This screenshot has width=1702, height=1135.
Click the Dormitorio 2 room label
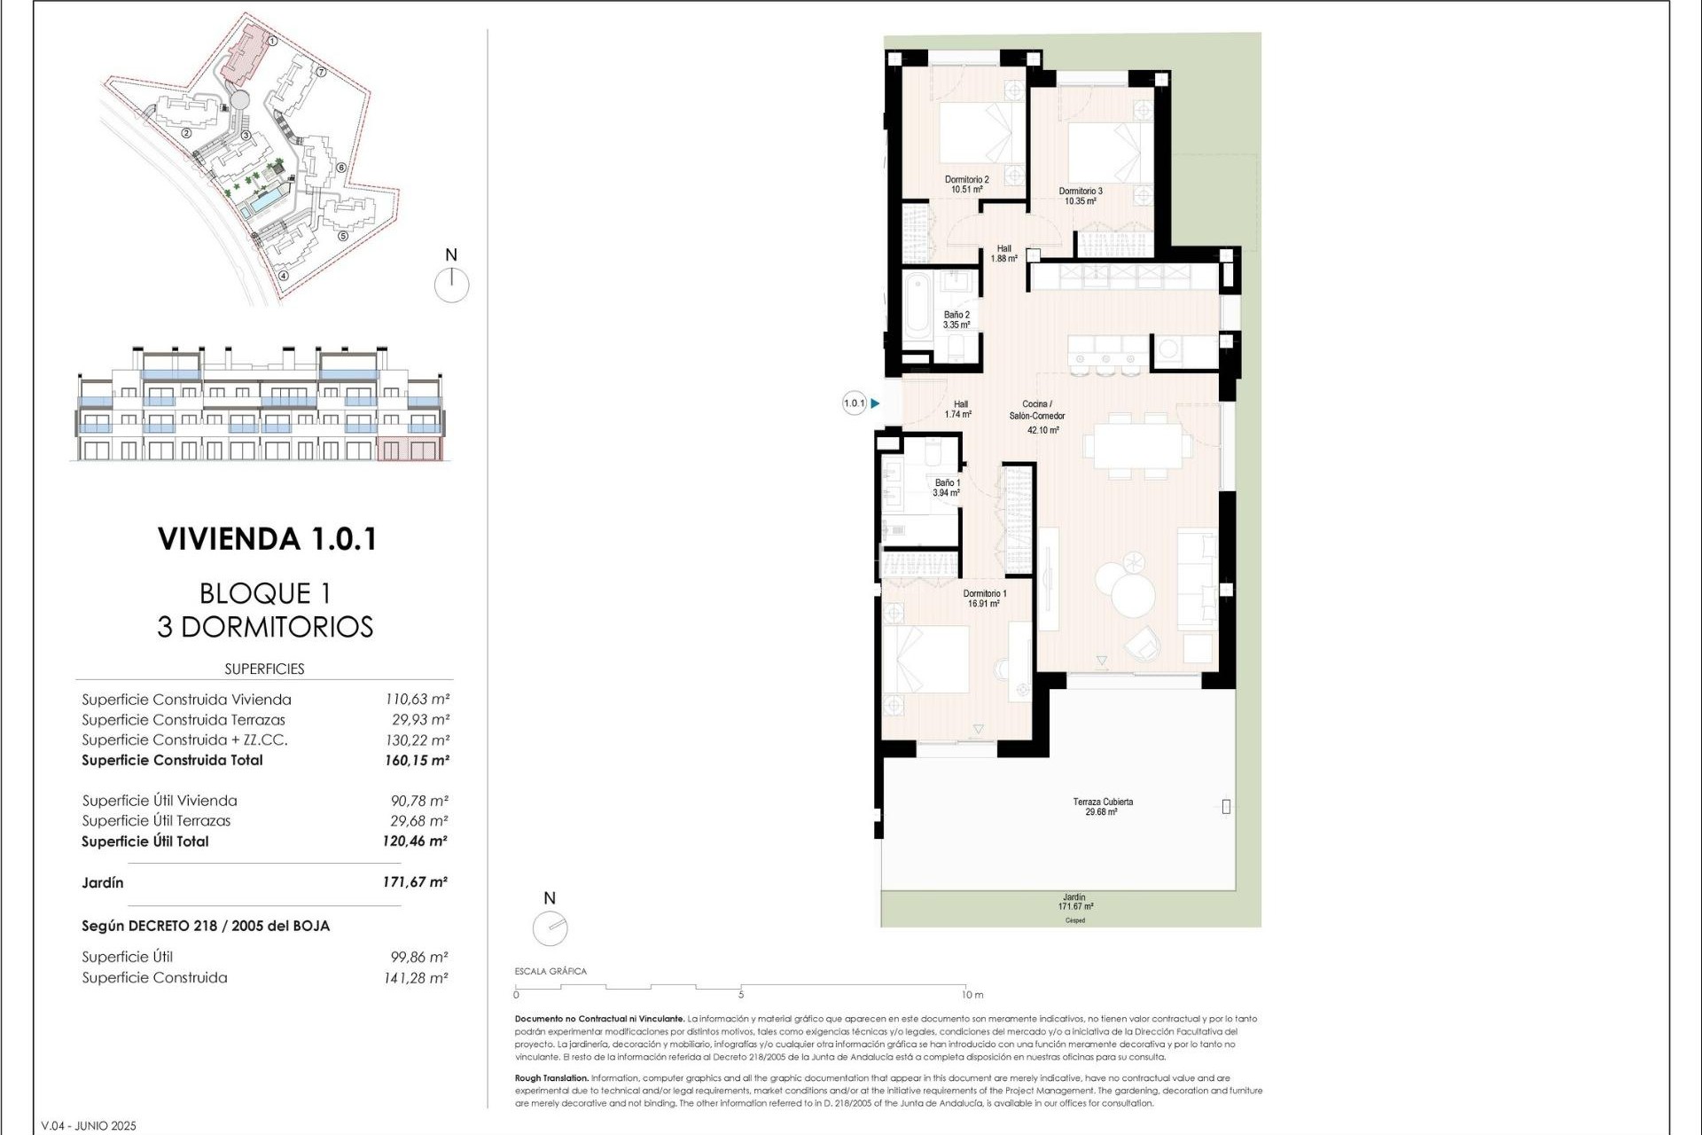(x=966, y=184)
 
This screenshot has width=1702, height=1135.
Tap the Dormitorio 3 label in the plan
(x=1081, y=196)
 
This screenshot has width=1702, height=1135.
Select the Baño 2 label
(x=956, y=320)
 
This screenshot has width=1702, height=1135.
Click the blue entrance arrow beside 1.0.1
(x=875, y=403)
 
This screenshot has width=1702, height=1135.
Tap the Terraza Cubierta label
(x=1102, y=806)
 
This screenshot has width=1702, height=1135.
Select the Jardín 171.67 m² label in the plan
(x=1074, y=902)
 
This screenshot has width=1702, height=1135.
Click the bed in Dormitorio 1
(x=925, y=660)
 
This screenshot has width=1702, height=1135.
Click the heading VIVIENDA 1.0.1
(x=267, y=539)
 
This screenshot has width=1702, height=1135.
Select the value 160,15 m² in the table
(x=417, y=760)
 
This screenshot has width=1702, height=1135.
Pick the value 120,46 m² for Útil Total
(x=415, y=841)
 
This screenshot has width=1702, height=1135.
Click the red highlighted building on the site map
(x=246, y=55)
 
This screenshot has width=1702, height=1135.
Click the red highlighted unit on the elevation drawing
(x=409, y=450)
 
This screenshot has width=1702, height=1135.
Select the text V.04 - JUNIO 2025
(x=90, y=1125)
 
